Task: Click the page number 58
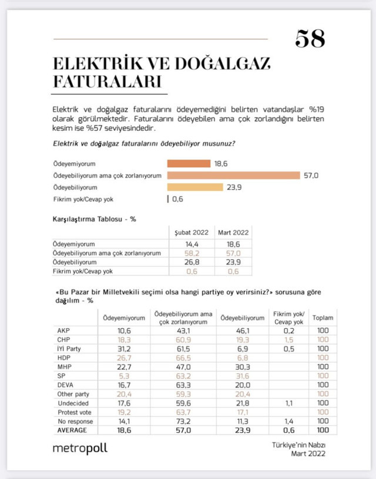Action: point(310,39)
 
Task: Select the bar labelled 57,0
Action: point(234,176)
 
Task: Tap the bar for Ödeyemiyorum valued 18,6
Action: point(189,164)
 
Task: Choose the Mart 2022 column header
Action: point(233,232)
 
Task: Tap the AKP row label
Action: point(61,331)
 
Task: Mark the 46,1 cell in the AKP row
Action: point(241,331)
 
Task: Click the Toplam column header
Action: point(323,318)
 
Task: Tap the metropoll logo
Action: point(80,448)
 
